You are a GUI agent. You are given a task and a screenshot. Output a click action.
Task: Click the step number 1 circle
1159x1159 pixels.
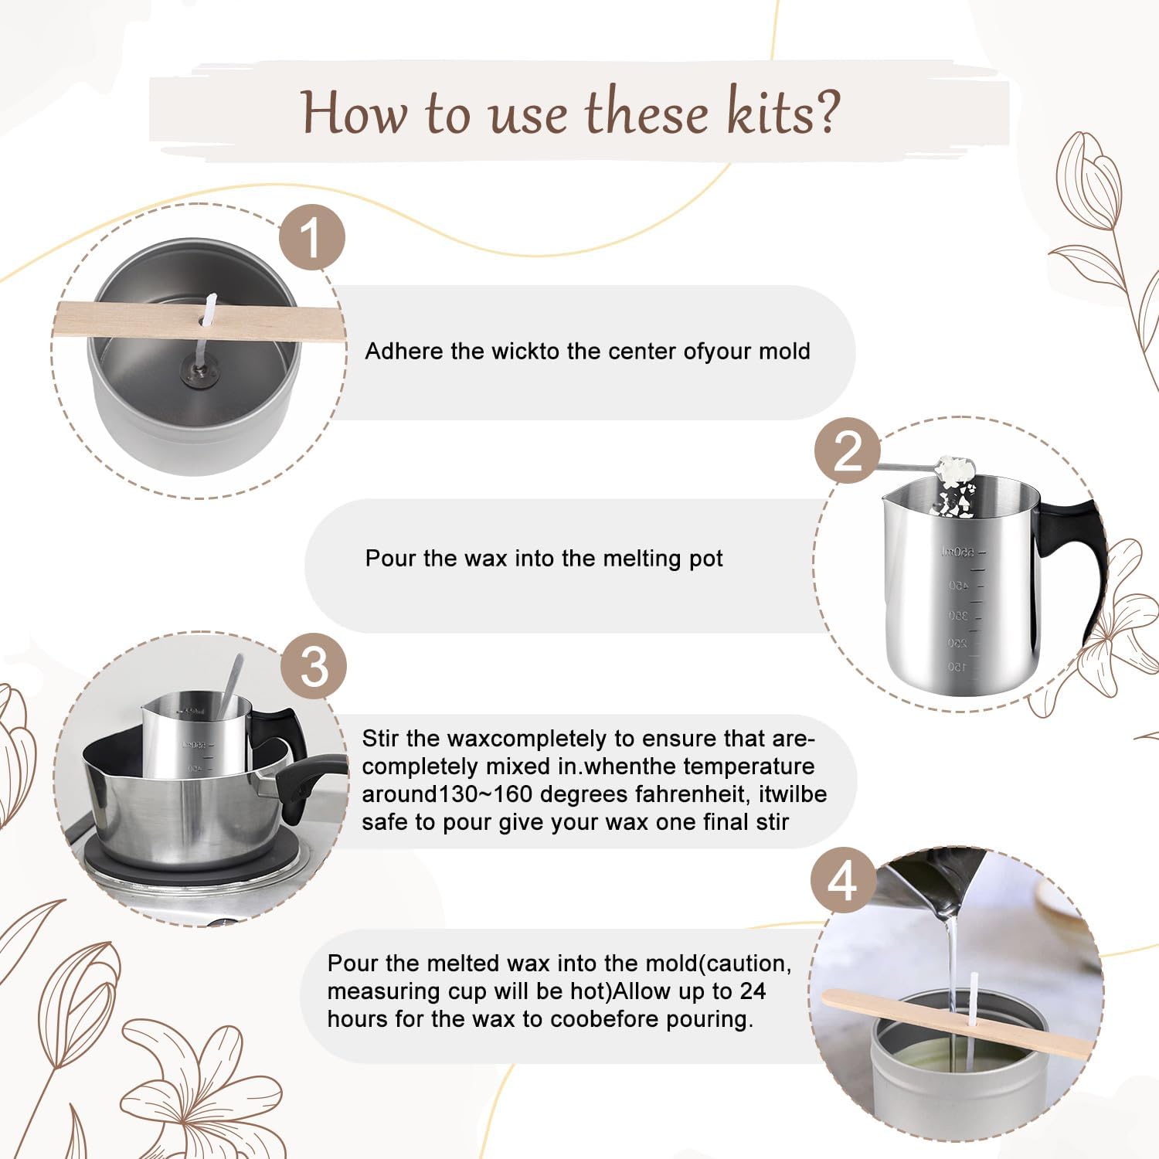tap(311, 237)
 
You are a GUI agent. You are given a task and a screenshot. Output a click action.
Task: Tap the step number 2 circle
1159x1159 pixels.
tap(848, 450)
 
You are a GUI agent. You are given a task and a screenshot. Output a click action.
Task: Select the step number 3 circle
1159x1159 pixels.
tap(314, 666)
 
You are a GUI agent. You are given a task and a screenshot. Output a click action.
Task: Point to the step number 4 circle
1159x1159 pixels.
tap(843, 880)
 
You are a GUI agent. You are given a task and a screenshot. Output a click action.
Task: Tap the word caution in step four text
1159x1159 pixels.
tap(749, 964)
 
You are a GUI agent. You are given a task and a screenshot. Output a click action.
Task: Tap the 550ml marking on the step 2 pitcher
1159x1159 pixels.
tap(958, 552)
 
